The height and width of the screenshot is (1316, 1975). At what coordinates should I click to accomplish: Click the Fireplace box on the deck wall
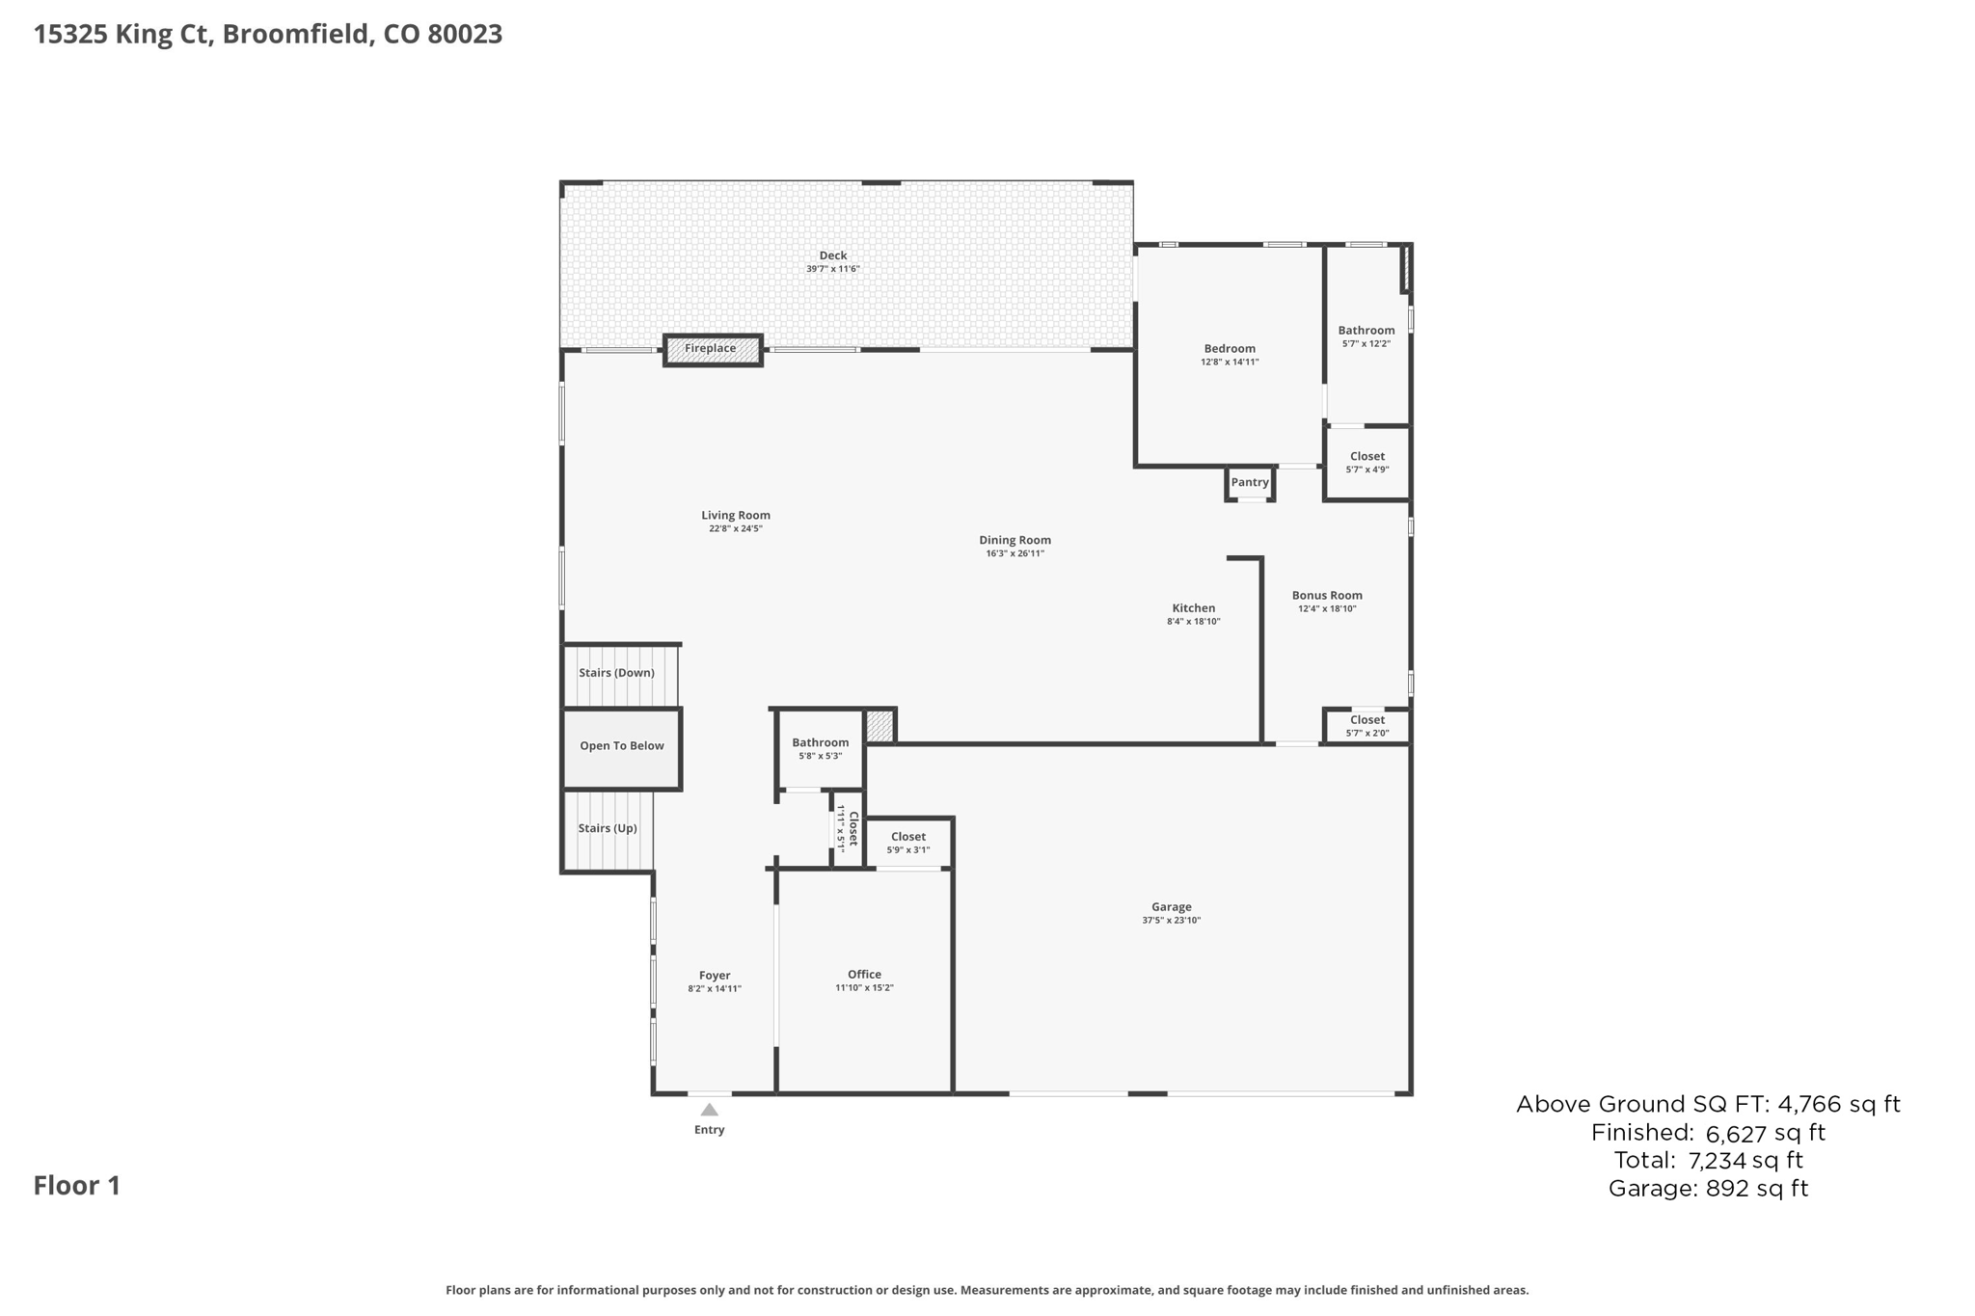coord(713,349)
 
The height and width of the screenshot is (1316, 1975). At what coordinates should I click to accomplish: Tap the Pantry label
coord(1250,483)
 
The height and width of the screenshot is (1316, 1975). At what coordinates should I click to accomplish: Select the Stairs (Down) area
coord(617,673)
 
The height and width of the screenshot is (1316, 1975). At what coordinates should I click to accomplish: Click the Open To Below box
coord(622,746)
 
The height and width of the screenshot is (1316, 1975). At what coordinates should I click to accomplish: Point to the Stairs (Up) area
coord(608,829)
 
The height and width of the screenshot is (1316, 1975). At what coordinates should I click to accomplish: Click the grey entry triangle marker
coord(709,1110)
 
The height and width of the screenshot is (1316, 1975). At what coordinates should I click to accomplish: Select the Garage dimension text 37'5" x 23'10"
coord(1171,921)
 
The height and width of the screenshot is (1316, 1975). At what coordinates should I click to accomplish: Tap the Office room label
coord(864,975)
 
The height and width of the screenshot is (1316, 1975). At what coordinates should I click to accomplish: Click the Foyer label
coord(715,976)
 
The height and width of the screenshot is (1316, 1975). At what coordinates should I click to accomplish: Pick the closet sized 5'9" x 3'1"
coord(908,843)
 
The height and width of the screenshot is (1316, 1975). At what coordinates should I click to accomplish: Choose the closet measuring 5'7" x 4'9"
coord(1366,463)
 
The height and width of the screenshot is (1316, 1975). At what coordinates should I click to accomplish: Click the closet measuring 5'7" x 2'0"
coord(1366,726)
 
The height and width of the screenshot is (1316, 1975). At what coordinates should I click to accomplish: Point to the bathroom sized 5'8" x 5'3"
coord(820,749)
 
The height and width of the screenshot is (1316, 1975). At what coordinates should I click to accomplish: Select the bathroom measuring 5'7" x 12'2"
coord(1366,336)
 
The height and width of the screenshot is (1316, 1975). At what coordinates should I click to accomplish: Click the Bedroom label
coord(1230,349)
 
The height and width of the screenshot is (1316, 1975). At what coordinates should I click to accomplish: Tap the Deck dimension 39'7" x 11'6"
coord(832,269)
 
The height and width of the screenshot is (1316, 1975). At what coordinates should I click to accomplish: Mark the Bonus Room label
coord(1327,596)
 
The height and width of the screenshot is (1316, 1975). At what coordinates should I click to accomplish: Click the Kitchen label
coord(1193,608)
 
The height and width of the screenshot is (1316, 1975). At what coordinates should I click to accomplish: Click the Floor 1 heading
coord(77,1186)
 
